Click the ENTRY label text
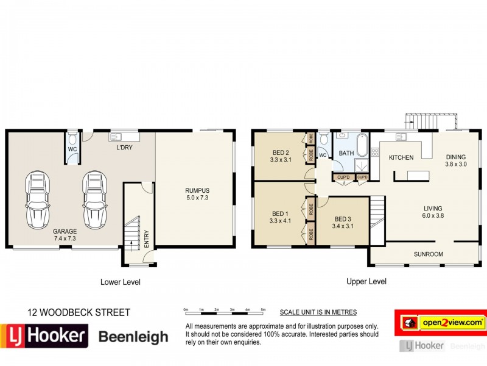click(147, 237)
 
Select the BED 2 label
click(279, 156)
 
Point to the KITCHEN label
click(401, 157)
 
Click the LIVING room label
click(433, 212)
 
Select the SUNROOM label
click(429, 254)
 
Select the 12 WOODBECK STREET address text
click(79, 313)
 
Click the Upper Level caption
click(366, 282)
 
